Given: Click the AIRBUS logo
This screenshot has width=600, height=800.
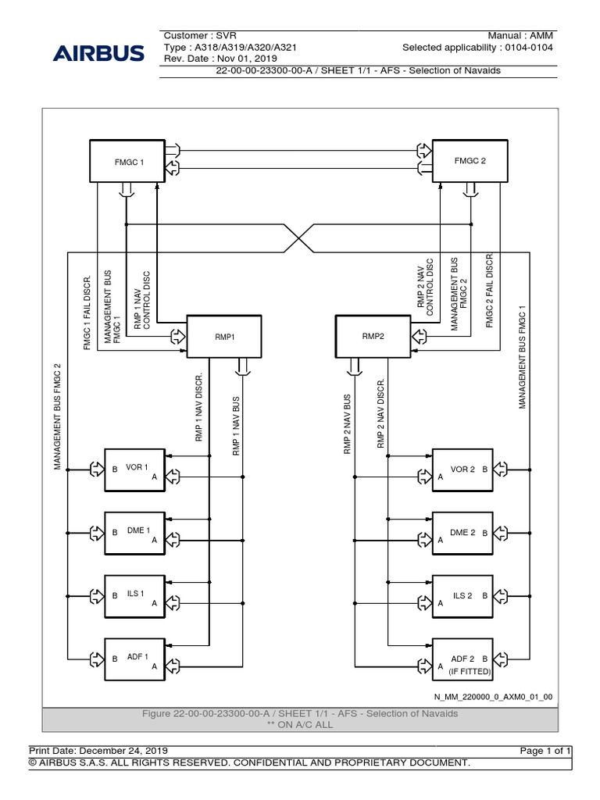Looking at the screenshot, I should point(98,54).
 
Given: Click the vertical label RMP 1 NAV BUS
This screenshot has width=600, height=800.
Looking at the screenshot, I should point(236,425).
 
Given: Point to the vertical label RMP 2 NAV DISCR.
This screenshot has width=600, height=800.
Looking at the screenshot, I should point(381,414).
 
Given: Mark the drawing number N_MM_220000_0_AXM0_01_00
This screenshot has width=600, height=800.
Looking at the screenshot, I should point(494,696).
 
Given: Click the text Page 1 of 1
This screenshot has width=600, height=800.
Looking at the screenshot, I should point(547,750).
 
